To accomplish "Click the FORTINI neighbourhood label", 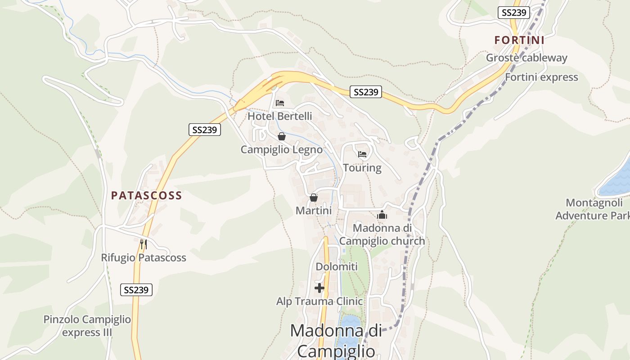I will tap(519, 40).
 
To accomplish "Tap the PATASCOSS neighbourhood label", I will tap(146, 195).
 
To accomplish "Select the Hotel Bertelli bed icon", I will tap(280, 103).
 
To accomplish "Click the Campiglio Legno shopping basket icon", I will tap(282, 136).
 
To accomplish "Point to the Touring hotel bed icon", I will tap(362, 154).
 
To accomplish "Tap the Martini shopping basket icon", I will tap(314, 198).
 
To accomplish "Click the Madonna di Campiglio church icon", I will tap(382, 215).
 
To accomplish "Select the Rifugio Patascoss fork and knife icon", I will tap(143, 244).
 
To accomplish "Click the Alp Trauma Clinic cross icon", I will tap(319, 288).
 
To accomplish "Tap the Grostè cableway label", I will tap(526, 58).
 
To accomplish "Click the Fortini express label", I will tap(541, 77).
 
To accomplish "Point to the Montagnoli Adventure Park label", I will tap(593, 209).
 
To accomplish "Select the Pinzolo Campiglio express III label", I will tap(87, 326).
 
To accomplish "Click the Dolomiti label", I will tap(337, 266).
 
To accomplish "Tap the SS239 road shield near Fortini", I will tap(513, 12).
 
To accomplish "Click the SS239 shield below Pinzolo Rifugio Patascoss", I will tap(136, 290).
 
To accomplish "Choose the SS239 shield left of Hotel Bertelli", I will tap(204, 130).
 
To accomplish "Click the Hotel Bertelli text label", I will tap(280, 116).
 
